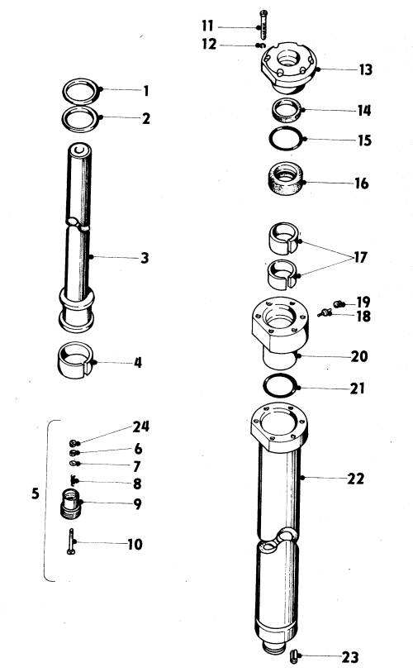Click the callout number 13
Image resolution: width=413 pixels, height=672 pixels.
365,69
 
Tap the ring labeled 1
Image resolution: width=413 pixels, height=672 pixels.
81,83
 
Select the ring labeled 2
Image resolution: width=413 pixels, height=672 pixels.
80,109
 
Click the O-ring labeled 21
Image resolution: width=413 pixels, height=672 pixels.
280,377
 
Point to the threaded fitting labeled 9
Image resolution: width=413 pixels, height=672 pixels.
70,504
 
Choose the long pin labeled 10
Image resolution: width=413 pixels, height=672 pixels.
71,541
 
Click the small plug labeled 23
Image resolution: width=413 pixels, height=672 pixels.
294,655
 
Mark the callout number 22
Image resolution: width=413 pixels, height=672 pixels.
355,479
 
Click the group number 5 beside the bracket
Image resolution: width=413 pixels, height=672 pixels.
36,493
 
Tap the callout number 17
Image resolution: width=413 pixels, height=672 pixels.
360,257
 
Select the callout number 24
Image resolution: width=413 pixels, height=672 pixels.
141,427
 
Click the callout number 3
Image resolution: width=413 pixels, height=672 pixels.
145,258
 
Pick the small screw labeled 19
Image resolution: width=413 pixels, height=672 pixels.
339,304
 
